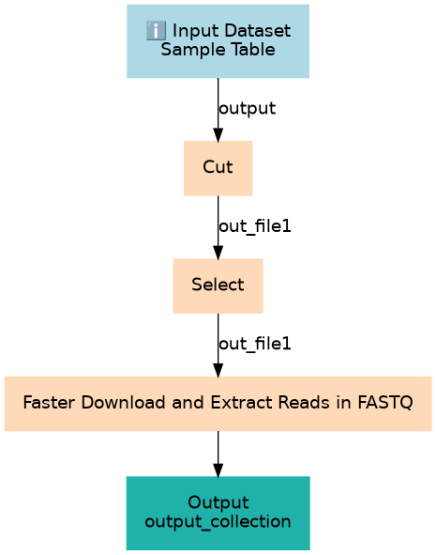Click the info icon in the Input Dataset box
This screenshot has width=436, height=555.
point(156,30)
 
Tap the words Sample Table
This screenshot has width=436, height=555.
point(218,49)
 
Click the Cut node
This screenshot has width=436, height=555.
point(218,168)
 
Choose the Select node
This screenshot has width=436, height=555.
point(218,286)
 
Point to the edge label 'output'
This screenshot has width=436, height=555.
point(247,108)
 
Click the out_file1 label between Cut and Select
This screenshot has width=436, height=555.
point(255,226)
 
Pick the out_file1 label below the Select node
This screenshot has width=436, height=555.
point(255,344)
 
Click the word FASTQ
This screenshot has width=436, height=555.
point(385,403)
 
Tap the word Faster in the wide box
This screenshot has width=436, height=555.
point(49,403)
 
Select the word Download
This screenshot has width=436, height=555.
point(124,403)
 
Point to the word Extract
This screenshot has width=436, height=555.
point(242,403)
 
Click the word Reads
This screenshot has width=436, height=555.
point(304,403)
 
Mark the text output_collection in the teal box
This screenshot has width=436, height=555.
point(218,522)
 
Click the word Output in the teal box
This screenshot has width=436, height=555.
point(218,502)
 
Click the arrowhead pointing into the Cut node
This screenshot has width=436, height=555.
point(218,135)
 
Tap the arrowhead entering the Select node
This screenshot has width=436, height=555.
point(218,253)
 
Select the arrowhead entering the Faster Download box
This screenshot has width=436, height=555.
point(218,371)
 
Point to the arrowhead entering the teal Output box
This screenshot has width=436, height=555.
point(218,470)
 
